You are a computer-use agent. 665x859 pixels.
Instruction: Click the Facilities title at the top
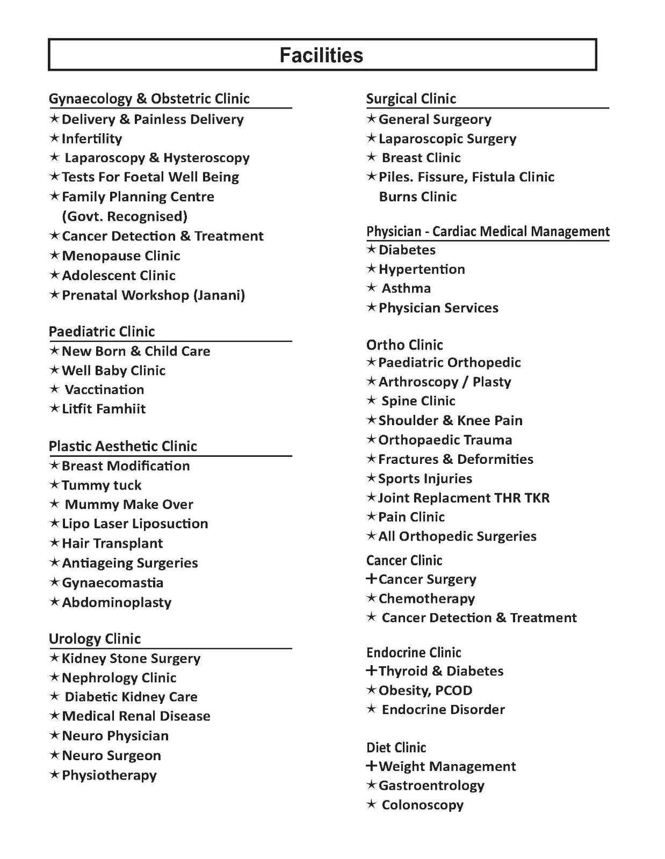coord(321,55)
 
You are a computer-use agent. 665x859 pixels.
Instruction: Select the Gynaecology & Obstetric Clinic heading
coord(149,99)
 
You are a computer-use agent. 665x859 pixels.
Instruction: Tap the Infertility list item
coord(91,139)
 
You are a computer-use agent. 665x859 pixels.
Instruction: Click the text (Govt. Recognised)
coord(125,216)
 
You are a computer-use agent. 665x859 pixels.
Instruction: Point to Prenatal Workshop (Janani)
coord(153,295)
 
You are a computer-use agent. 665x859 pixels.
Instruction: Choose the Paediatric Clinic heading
coord(102,331)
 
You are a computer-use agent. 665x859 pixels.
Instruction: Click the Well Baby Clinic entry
coord(113,370)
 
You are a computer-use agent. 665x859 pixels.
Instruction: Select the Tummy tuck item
coord(101,485)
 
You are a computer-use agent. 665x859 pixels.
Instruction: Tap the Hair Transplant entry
coord(112,543)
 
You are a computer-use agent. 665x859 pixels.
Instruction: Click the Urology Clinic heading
coord(95,639)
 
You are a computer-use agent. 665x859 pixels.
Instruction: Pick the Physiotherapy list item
coord(109,775)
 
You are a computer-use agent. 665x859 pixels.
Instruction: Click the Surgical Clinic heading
coord(411,99)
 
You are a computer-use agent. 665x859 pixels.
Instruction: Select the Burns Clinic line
coord(417,196)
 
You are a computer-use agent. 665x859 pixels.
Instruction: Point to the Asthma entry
coord(406,288)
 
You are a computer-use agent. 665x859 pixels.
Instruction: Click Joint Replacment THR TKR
coord(464,498)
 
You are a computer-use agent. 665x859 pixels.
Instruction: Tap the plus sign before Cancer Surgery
coord(371,579)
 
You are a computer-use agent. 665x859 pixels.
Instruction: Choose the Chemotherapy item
coord(427,599)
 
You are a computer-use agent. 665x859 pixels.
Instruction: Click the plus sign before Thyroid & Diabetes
coord(371,671)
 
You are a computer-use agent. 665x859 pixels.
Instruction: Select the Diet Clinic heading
coord(396,747)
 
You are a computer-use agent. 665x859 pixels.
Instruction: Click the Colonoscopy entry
coord(422,805)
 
